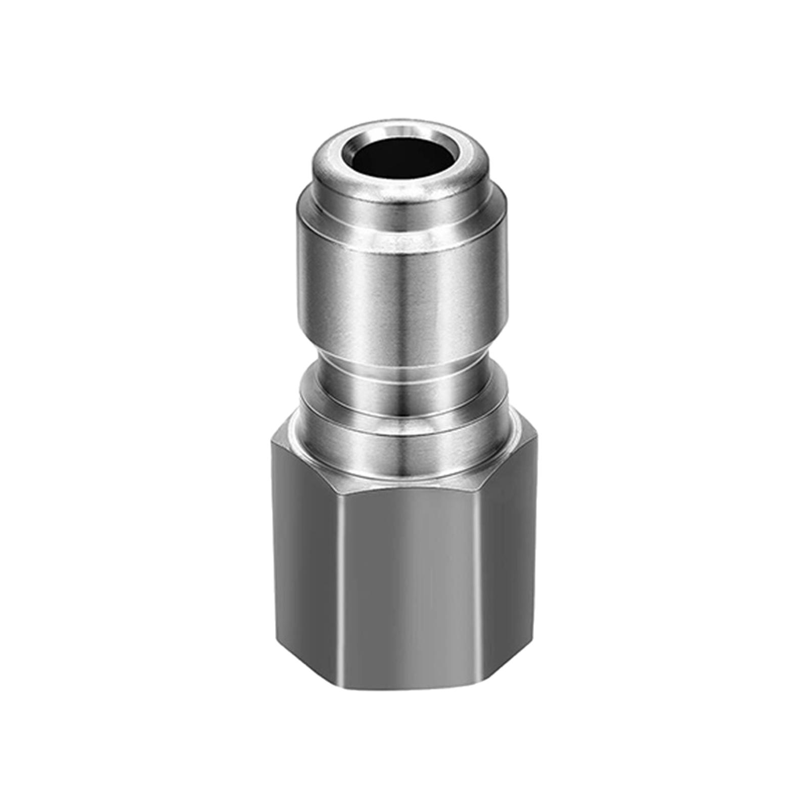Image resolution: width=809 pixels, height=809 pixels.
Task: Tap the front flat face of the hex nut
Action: (x=404, y=581)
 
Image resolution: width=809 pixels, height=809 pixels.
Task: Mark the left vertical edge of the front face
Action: (x=336, y=581)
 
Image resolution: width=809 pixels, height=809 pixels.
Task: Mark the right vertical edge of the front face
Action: (x=475, y=581)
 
